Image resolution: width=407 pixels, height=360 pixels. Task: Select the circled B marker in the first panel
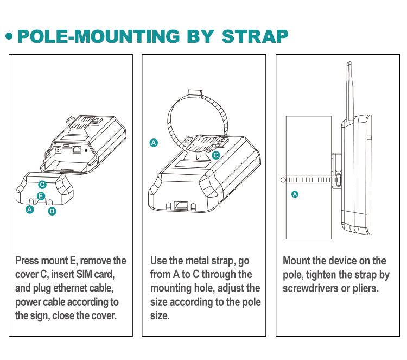click(x=52, y=211)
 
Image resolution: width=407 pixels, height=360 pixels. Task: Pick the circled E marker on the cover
click(x=41, y=196)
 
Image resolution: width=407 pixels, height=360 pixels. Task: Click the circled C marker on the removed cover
click(x=43, y=185)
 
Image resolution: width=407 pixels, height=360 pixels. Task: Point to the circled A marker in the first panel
click(x=30, y=209)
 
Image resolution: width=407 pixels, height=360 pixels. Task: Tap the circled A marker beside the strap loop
click(x=154, y=143)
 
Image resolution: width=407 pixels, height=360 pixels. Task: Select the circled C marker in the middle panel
click(x=216, y=155)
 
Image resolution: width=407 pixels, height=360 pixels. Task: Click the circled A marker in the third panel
click(x=295, y=194)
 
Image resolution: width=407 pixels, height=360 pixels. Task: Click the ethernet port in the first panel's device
click(x=77, y=148)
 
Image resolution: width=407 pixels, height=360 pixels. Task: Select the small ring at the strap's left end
click(x=282, y=179)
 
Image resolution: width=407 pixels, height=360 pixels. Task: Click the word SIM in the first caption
click(x=92, y=274)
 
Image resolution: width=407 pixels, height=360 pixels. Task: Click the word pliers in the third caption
click(x=363, y=288)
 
